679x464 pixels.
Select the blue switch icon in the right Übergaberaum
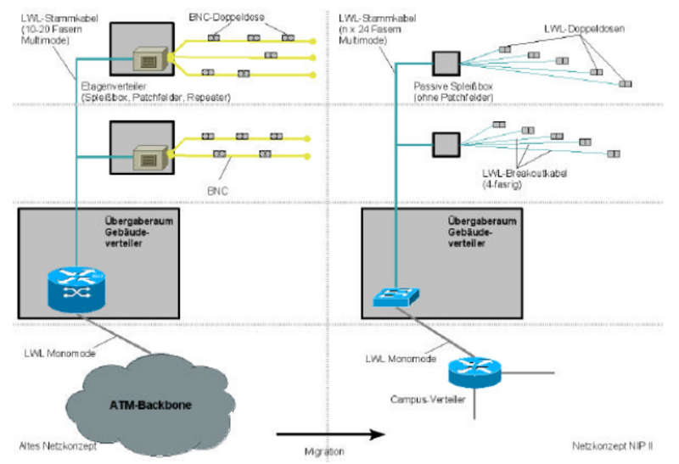coord(395,296)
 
